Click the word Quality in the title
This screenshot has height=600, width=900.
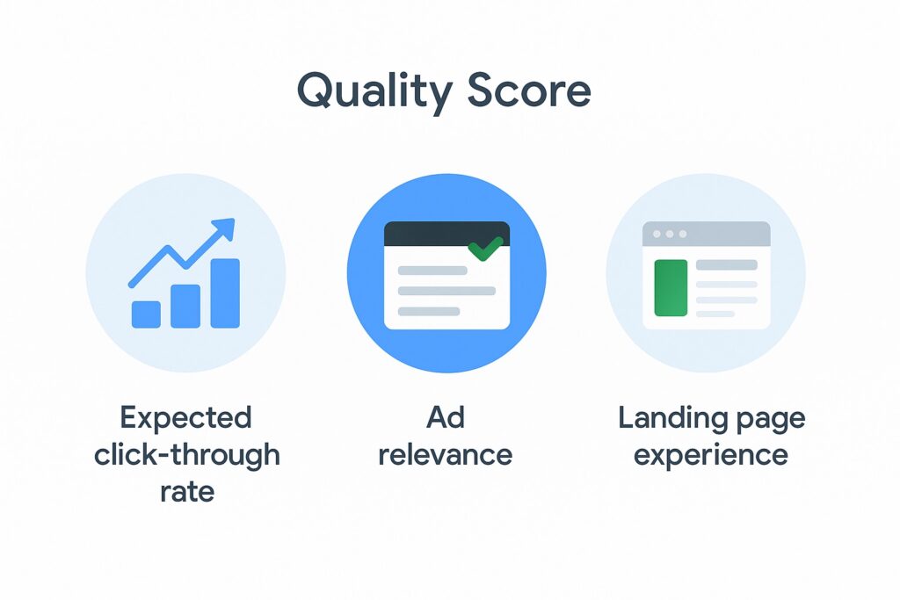pyautogui.click(x=374, y=91)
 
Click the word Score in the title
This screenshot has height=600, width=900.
pyautogui.click(x=528, y=90)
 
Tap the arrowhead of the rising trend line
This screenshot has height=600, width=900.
pyautogui.click(x=224, y=228)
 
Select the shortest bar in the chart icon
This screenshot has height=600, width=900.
pyautogui.click(x=146, y=314)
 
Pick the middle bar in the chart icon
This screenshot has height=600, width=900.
pyautogui.click(x=185, y=307)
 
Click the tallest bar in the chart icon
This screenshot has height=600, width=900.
pyautogui.click(x=225, y=293)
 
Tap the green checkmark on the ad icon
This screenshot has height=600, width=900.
pyautogui.click(x=485, y=248)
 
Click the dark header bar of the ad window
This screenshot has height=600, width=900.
pyautogui.click(x=446, y=234)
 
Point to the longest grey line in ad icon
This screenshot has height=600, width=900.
pyautogui.click(x=446, y=291)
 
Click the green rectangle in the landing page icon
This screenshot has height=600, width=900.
pyautogui.click(x=671, y=288)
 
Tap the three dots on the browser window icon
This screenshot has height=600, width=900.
pyautogui.click(x=669, y=234)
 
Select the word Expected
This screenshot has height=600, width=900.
pyautogui.click(x=185, y=418)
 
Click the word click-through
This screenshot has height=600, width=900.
pyautogui.click(x=187, y=455)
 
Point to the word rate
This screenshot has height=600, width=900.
pyautogui.click(x=187, y=492)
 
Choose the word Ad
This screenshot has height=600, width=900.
pyautogui.click(x=446, y=417)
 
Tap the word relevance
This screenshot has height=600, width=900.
pyautogui.click(x=446, y=455)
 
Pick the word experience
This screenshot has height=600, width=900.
pyautogui.click(x=710, y=457)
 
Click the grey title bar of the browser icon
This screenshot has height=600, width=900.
pyautogui.click(x=706, y=234)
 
